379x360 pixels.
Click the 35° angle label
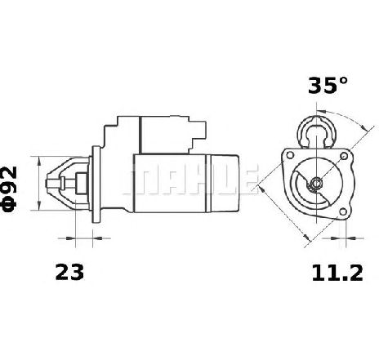328,86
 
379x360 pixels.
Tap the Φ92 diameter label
10,189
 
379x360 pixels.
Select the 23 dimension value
69,272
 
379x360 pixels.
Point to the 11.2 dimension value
337,273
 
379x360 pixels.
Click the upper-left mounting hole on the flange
290,155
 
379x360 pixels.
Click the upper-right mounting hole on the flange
344,156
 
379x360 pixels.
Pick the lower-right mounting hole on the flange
343,211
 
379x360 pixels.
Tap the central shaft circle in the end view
316,183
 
